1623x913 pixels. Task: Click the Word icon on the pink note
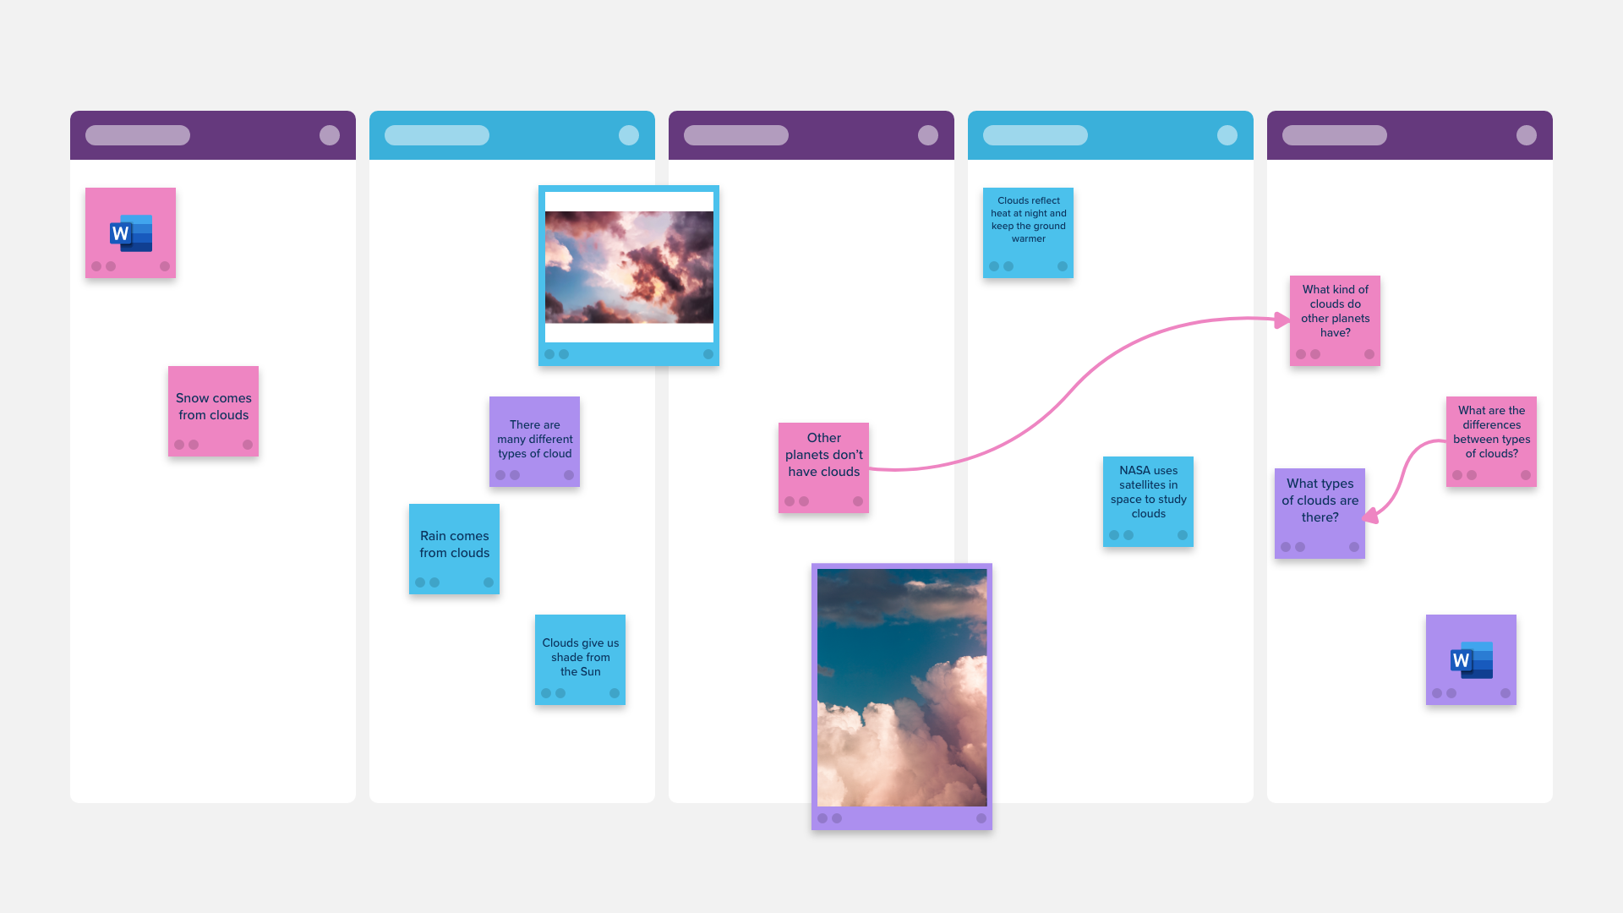tap(131, 233)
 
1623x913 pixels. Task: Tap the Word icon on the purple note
tap(1472, 660)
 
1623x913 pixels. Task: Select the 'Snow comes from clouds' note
tap(213, 411)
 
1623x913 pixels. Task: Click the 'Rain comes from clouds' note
tap(454, 549)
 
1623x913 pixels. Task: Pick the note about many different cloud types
tap(534, 441)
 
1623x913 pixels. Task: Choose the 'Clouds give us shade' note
tap(580, 659)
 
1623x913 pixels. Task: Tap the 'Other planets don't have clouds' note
tap(823, 467)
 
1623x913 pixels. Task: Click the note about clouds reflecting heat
tap(1028, 232)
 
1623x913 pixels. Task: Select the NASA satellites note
tap(1148, 501)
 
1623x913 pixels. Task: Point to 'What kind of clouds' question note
tap(1335, 320)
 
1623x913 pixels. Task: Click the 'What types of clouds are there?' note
tap(1320, 513)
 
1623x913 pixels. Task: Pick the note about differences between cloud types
tap(1491, 441)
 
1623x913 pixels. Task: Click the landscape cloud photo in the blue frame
tap(629, 267)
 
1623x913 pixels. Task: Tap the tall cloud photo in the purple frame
tap(902, 687)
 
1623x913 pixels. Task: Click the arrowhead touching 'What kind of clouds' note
tap(1282, 320)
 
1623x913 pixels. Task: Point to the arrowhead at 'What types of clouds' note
tap(1371, 515)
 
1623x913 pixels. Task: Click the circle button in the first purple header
tap(330, 135)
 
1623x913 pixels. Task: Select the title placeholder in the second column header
tap(437, 135)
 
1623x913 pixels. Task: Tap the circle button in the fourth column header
tap(1227, 135)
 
